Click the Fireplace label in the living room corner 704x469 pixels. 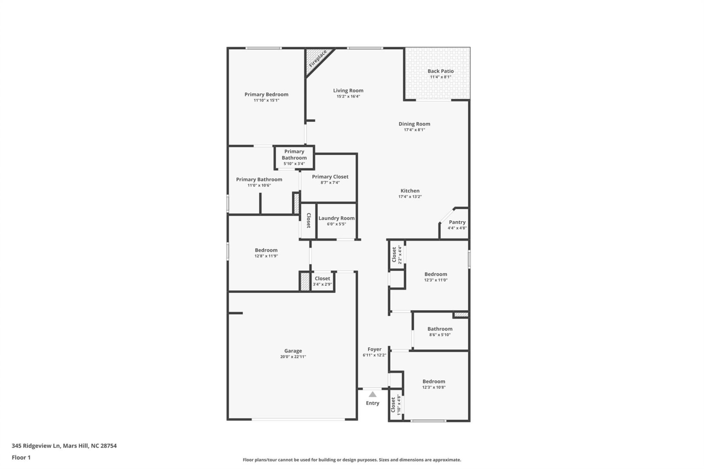[x=318, y=59]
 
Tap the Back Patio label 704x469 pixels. [x=440, y=71]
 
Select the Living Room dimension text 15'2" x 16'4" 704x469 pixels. [x=348, y=96]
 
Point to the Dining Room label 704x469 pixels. [x=414, y=124]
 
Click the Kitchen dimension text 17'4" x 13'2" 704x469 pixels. [x=410, y=196]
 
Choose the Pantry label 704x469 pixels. [x=457, y=222]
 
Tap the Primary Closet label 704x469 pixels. [x=330, y=177]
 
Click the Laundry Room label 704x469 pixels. [x=336, y=218]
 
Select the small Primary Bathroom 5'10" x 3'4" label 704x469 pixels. [x=294, y=157]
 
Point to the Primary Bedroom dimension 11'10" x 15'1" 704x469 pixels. [x=266, y=100]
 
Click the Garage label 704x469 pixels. [x=293, y=351]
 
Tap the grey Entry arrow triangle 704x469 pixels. [x=373, y=395]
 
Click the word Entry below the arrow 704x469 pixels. [x=373, y=403]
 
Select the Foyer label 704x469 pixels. [x=374, y=349]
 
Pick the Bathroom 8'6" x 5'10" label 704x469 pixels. [x=440, y=329]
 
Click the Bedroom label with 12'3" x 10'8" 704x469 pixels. [x=433, y=381]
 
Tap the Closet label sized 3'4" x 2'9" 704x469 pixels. [x=322, y=278]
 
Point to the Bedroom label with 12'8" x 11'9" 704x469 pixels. [x=266, y=250]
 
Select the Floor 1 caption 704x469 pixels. [x=21, y=457]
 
